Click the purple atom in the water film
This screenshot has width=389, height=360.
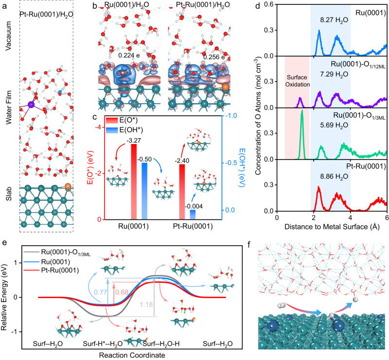click(x=31, y=105)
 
